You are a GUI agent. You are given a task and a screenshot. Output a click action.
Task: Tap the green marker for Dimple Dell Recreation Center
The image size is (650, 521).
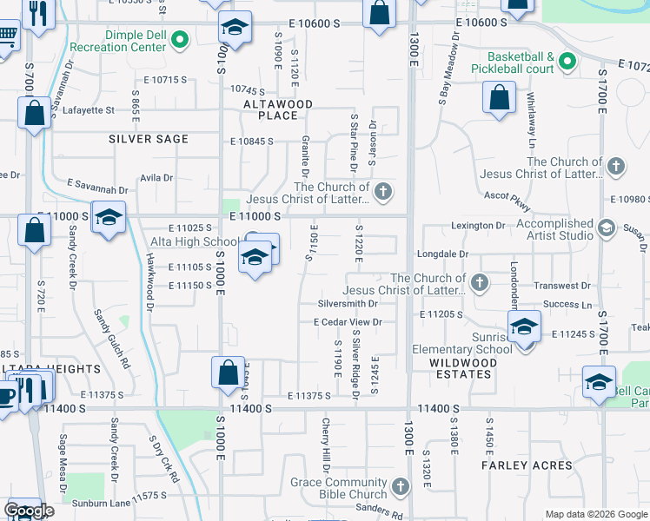pos(181,38)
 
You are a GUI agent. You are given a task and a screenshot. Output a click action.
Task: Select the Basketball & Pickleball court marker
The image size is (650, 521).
pos(567,61)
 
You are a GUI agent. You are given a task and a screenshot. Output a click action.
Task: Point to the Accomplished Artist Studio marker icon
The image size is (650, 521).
pos(607,228)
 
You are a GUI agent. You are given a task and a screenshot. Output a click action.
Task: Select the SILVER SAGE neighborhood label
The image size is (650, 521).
pos(149,139)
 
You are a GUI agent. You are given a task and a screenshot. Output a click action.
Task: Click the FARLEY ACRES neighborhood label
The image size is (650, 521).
pos(527,465)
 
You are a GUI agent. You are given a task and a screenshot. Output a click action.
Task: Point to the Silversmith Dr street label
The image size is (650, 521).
pos(348,304)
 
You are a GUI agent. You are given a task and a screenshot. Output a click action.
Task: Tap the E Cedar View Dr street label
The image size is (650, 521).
pos(348,322)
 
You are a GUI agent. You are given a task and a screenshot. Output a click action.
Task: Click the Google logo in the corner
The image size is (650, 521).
pos(28,511)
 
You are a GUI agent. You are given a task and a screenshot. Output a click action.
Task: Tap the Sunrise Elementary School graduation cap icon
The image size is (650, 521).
pos(525,328)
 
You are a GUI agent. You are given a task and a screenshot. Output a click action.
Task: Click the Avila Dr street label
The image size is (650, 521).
pos(156,178)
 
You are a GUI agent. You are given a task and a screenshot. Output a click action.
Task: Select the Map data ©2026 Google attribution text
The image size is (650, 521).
pos(596,514)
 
